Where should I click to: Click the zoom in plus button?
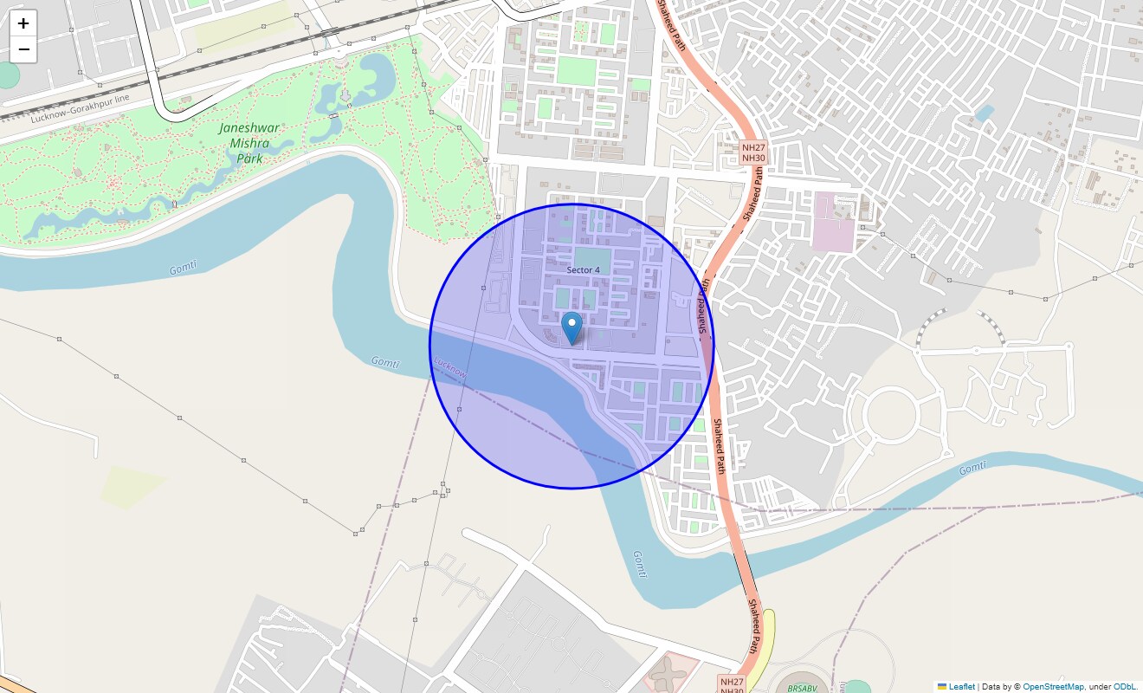point(23,23)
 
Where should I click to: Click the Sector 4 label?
point(583,270)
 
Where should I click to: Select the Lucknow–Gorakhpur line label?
point(80,108)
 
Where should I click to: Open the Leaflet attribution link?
point(961,687)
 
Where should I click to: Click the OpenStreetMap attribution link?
point(1052,687)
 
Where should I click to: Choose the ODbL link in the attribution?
point(1126,687)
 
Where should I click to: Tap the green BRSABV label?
point(802,689)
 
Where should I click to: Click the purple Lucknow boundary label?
point(450,367)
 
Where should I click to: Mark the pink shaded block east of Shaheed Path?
point(833,223)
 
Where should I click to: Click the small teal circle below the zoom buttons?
point(9,75)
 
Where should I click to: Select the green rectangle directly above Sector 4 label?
point(591,256)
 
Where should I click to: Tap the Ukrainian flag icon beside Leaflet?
point(942,687)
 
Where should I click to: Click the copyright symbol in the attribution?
point(1017,687)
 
